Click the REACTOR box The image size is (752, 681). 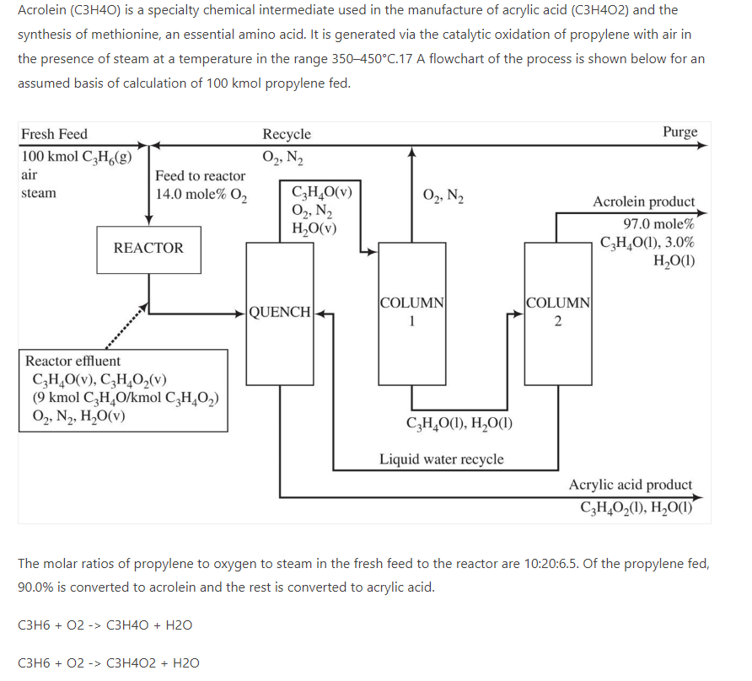click(x=148, y=249)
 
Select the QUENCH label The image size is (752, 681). click(x=280, y=311)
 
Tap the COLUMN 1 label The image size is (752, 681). click(x=412, y=311)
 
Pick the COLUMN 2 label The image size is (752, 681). click(x=557, y=311)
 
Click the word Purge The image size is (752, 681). click(x=679, y=132)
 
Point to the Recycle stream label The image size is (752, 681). click(x=287, y=134)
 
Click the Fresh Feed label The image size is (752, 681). click(x=54, y=134)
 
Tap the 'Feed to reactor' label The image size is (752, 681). click(x=201, y=175)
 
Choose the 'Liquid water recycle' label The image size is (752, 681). click(x=441, y=459)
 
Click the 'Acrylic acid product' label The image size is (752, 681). click(x=631, y=485)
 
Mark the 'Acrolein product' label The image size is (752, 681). click(x=644, y=202)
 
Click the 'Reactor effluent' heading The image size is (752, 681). click(x=73, y=361)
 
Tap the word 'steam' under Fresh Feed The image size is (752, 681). click(x=39, y=193)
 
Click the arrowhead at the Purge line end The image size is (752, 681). click(x=704, y=145)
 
